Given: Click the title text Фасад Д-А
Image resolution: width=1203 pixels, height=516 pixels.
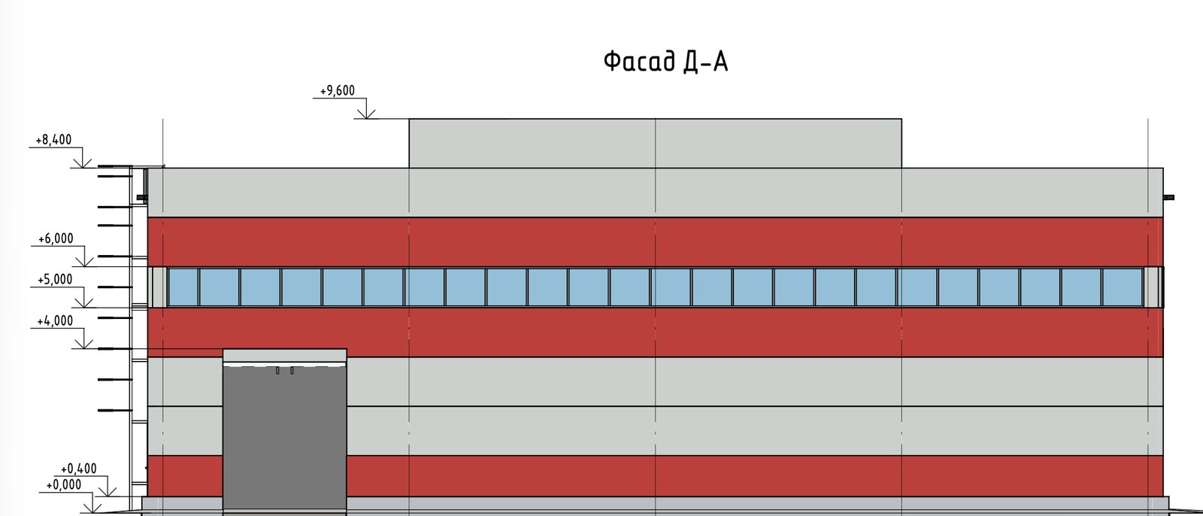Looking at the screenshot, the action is pos(666,62).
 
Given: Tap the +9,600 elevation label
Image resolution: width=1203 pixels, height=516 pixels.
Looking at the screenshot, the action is pos(338,91).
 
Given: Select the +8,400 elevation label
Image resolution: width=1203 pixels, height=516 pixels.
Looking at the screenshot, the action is pos(53,140).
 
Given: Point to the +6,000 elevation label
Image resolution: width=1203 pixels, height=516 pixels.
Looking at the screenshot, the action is pos(56,238).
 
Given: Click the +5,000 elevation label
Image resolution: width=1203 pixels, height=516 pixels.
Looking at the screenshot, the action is pos(55,280).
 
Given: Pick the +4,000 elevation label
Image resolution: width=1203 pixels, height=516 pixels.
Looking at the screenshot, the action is pos(55,321).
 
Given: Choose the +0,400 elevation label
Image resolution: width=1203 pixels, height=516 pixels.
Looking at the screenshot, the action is pos(78,469).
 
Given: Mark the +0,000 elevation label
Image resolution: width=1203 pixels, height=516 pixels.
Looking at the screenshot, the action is pos(64,485).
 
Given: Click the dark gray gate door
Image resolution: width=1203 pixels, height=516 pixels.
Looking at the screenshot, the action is pos(285,438).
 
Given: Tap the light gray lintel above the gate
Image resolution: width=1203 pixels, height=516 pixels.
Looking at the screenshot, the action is pos(285,355).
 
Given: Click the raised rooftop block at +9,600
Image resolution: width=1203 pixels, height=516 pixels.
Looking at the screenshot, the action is pos(655,143).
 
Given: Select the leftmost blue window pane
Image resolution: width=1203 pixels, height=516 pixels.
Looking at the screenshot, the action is pos(183,287).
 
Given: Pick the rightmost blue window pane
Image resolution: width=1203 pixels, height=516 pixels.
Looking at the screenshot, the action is pos(1123,287).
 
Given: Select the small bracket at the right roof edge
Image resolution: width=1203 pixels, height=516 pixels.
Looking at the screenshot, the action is pos(1168,197).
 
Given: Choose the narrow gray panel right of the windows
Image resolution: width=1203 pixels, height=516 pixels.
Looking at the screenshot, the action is pos(1151,287).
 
